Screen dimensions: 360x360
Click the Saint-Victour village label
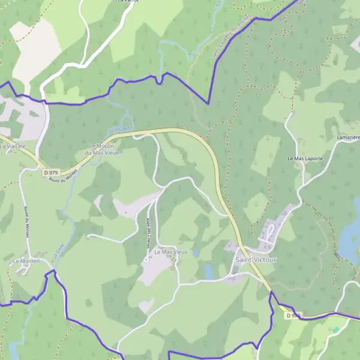point(256,260)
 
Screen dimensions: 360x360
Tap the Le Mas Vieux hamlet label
point(171,252)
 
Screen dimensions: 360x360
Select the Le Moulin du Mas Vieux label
point(104,149)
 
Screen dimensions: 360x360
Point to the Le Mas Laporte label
point(305,159)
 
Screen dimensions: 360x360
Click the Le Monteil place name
point(25,262)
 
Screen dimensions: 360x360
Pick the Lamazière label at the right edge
point(348,138)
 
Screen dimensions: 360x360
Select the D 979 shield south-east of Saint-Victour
point(293,315)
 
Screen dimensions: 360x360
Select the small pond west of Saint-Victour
point(209,271)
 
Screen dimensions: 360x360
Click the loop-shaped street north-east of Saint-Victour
point(269,230)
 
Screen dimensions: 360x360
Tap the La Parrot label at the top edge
point(128,2)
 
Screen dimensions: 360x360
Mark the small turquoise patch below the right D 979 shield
point(335,329)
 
